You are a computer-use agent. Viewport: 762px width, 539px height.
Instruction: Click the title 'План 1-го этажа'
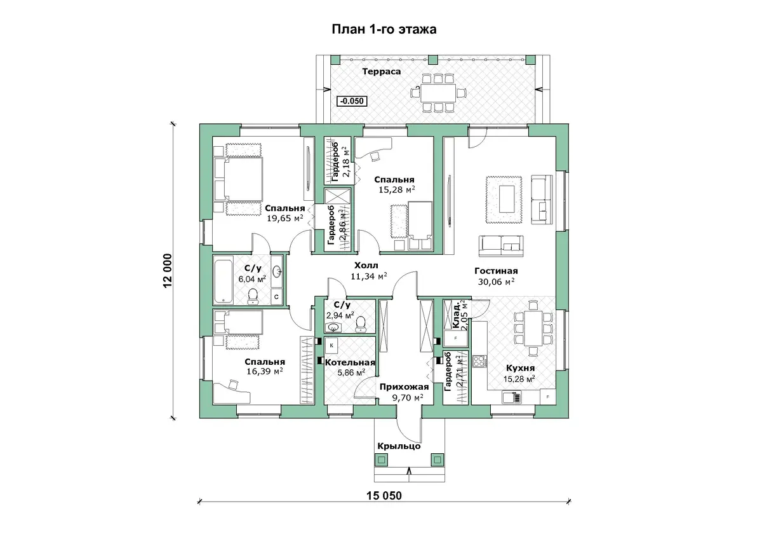tap(384, 30)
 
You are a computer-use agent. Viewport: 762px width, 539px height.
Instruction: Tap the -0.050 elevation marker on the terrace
tap(352, 101)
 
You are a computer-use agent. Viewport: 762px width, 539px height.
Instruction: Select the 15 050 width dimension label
tap(384, 496)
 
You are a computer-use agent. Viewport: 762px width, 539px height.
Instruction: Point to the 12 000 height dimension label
tap(168, 271)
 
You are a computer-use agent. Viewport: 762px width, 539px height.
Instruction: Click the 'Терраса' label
tap(382, 71)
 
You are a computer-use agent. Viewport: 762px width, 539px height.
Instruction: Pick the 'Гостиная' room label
tap(496, 271)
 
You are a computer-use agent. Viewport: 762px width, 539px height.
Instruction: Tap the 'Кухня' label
tap(520, 368)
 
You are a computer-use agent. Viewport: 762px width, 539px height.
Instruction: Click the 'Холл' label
tap(366, 265)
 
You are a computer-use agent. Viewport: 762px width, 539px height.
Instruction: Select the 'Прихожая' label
tap(404, 387)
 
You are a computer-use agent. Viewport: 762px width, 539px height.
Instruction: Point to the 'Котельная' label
tap(350, 363)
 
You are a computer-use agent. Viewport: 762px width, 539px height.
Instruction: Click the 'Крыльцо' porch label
tap(399, 446)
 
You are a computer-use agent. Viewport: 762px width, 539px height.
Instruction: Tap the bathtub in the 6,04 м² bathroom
tap(224, 280)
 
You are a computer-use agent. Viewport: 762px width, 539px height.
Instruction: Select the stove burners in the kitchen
tap(479, 361)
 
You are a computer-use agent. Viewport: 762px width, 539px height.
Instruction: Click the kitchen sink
tap(512, 397)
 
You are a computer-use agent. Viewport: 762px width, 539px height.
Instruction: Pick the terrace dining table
tap(438, 93)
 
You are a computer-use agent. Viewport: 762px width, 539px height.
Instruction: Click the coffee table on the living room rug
tap(506, 199)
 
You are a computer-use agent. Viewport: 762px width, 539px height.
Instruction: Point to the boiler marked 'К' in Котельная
tap(331, 346)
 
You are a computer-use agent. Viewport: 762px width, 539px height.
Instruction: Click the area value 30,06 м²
tap(496, 282)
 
